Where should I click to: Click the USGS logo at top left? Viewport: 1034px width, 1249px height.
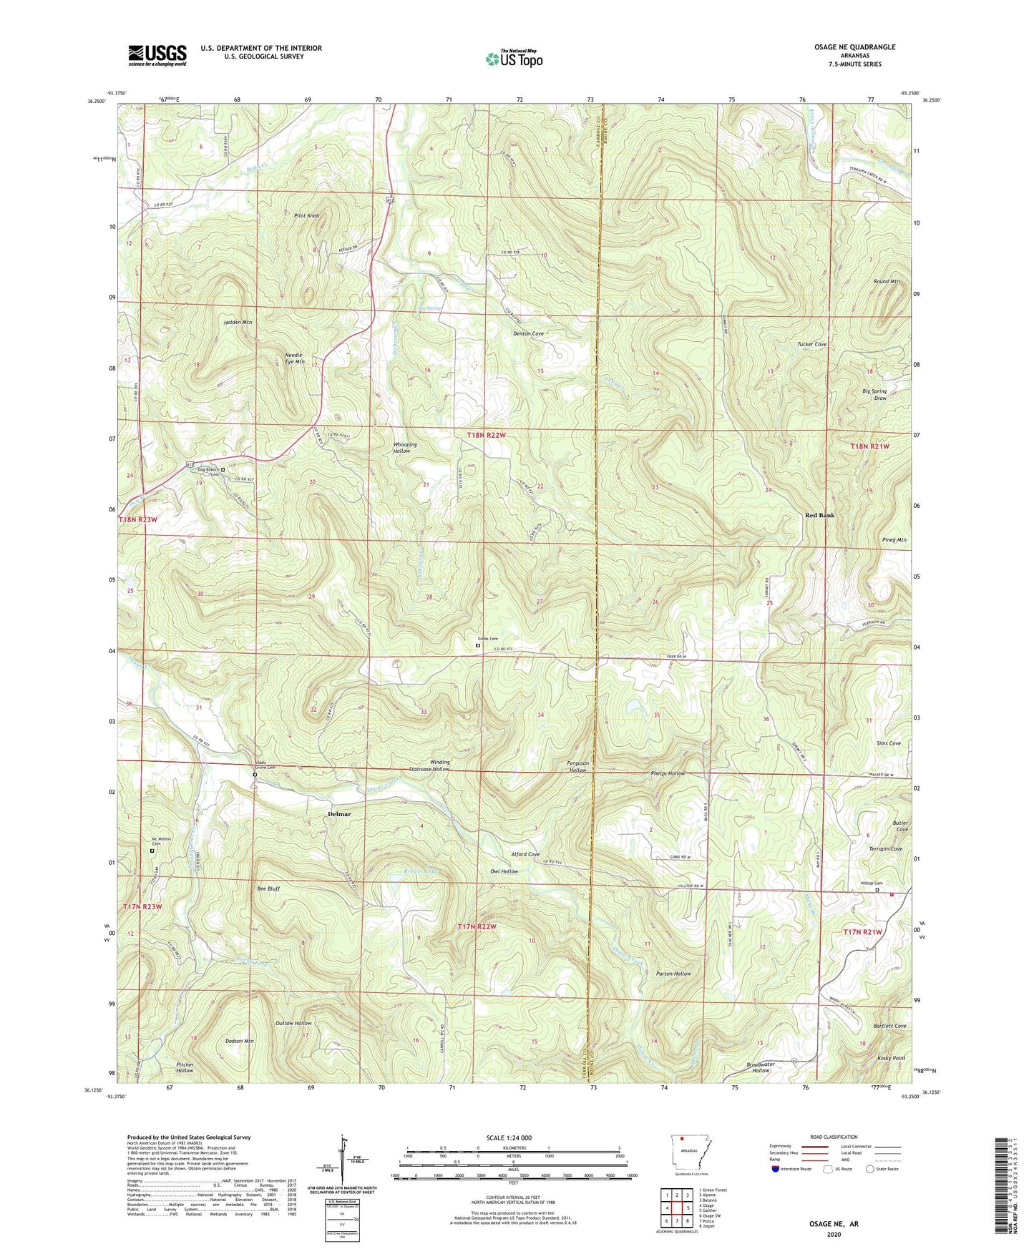point(157,55)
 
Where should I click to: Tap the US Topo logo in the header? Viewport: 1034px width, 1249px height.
point(514,59)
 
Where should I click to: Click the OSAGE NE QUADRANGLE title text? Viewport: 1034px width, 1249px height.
point(851,47)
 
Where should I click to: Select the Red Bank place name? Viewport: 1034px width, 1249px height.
point(819,515)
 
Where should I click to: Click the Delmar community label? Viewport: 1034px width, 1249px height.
point(339,814)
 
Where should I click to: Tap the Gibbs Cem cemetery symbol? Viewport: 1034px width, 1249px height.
point(478,645)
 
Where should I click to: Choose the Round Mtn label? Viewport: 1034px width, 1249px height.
point(886,281)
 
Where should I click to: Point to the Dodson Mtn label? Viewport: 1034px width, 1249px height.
point(240,1041)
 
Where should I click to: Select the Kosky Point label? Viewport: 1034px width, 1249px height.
point(889,1058)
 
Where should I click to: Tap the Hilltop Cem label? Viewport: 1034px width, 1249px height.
point(871,883)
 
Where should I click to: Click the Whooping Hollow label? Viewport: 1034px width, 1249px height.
point(405,448)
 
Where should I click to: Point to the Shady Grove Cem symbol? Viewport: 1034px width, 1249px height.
point(255,774)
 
